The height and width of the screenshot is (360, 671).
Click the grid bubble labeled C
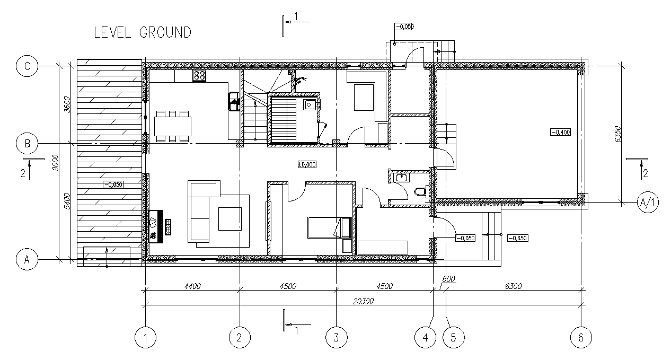tap(27, 66)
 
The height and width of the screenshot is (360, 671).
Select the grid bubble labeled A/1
tap(648, 203)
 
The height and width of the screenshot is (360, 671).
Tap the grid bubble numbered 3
tap(337, 338)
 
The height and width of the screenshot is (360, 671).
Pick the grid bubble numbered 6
tap(581, 338)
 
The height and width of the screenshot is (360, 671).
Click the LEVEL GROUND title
tap(143, 32)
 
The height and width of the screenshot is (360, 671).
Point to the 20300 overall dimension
tap(363, 301)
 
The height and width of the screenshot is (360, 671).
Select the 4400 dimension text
tap(192, 286)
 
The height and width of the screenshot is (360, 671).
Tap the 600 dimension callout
tap(448, 279)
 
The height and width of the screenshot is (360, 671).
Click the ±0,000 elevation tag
tap(307, 164)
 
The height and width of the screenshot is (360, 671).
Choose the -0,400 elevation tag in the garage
tap(560, 132)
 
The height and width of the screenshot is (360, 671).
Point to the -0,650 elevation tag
tap(518, 238)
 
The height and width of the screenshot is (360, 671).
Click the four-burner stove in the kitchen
tap(199, 76)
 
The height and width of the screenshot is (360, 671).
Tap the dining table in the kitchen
tap(173, 126)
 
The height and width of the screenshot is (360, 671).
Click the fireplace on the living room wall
tap(156, 226)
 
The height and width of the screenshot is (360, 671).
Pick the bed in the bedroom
tap(330, 228)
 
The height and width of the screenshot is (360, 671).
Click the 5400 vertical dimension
tap(67, 201)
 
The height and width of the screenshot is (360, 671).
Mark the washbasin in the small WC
tap(401, 178)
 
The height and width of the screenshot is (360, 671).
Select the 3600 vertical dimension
tap(67, 104)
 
